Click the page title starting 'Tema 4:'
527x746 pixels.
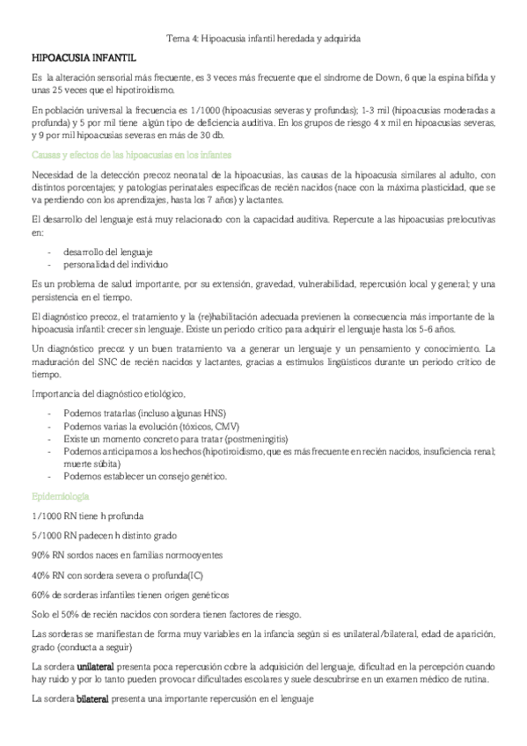[x=264, y=39]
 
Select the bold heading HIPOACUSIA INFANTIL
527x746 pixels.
[x=83, y=57]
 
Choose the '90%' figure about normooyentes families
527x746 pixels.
[x=40, y=554]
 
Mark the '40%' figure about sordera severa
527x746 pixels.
[x=40, y=574]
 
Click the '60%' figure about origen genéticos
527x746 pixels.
[x=40, y=594]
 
